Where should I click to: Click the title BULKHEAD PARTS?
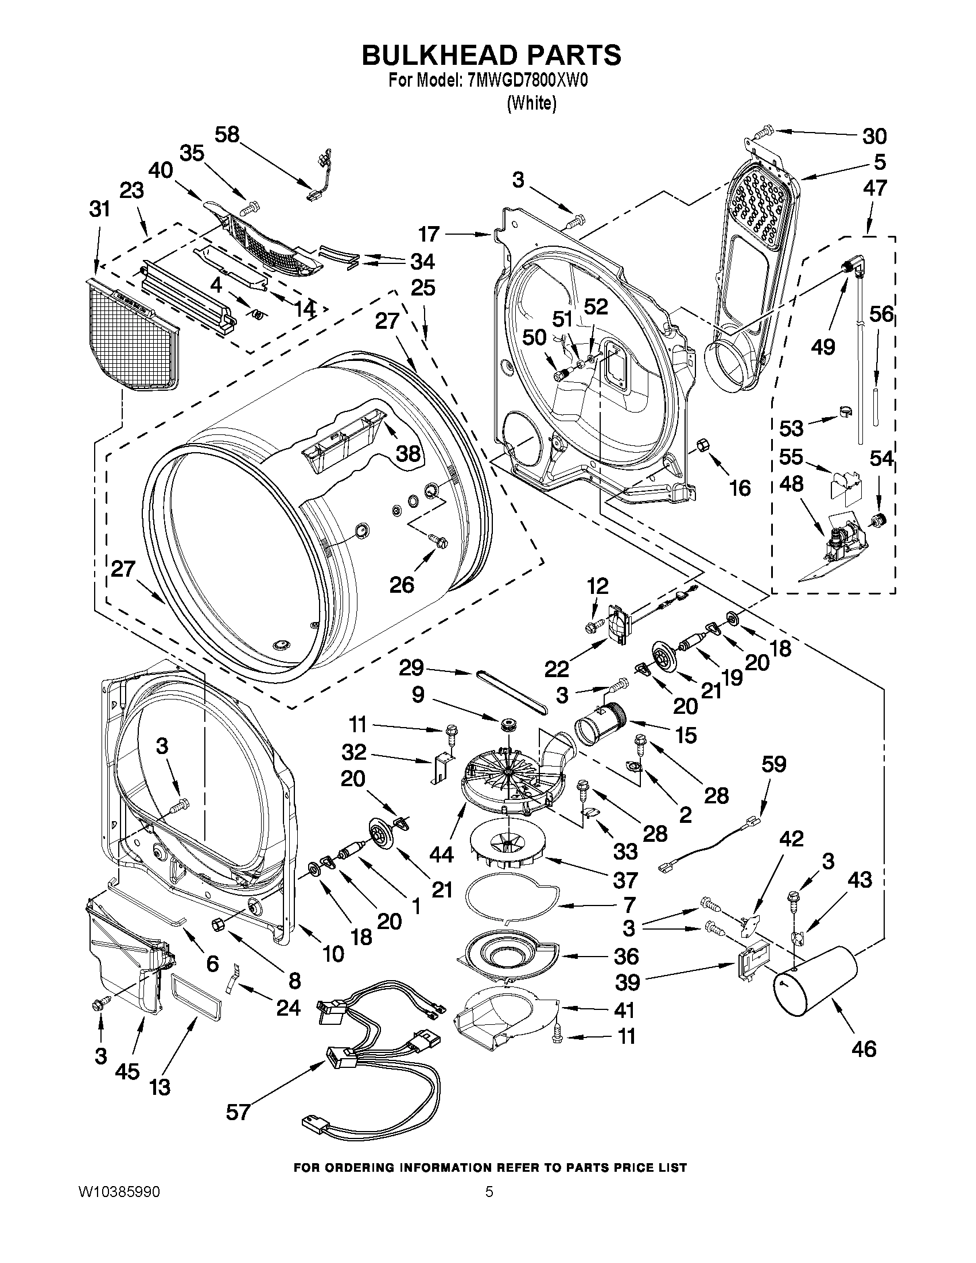[x=491, y=55]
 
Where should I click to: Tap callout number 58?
[x=227, y=135]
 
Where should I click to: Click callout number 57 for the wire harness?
[x=238, y=1112]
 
